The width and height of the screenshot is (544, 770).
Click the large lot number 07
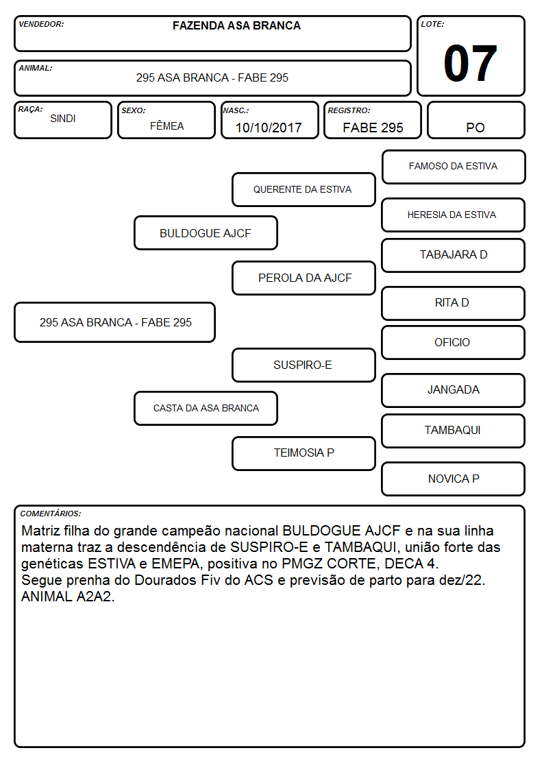(470, 63)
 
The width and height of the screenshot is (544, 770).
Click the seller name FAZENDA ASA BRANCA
(236, 25)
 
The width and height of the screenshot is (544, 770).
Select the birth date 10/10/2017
(269, 128)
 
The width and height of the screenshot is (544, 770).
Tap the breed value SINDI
(63, 119)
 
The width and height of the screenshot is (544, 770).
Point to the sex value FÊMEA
(166, 125)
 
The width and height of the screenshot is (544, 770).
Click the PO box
(475, 120)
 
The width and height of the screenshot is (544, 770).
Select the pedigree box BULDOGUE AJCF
(206, 232)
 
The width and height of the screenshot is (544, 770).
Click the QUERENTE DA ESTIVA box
(304, 189)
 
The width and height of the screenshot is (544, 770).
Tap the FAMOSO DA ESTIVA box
(454, 167)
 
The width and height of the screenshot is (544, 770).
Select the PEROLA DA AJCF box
(304, 278)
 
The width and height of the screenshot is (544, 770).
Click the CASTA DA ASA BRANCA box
(206, 408)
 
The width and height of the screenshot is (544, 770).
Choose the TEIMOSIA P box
(304, 453)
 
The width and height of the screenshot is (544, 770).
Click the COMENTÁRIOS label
(51, 514)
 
